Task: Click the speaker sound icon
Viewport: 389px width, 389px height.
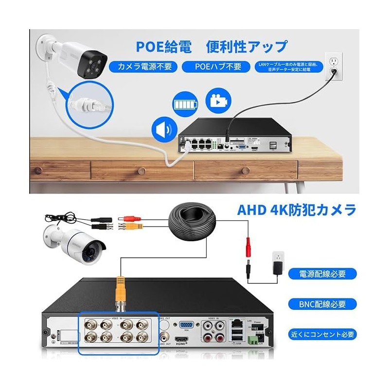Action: pos(162,129)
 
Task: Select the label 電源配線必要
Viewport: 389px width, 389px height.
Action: pos(322,273)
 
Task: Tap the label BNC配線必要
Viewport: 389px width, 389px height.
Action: pos(322,304)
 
